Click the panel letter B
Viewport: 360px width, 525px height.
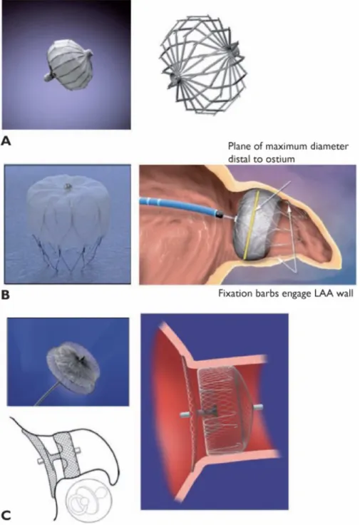point(6,295)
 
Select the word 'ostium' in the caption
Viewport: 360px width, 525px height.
point(282,158)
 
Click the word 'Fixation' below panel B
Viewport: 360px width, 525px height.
point(232,293)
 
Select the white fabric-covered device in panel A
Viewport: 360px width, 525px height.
point(68,66)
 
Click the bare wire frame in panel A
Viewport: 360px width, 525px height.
point(204,64)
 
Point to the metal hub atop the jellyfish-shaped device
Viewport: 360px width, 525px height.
point(68,185)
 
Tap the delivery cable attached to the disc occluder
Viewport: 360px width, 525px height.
point(48,394)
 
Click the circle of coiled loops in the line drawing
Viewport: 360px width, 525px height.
point(87,499)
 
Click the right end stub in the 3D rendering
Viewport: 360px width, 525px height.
point(257,407)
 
